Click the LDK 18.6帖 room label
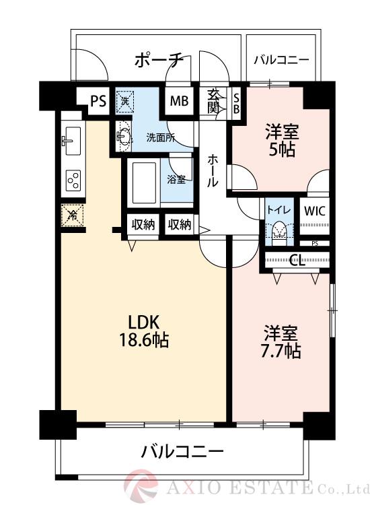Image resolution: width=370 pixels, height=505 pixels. (139, 330)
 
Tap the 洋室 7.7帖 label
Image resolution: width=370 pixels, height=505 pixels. (282, 341)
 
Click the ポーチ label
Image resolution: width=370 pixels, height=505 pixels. (159, 61)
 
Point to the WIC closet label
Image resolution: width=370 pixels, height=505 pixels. (313, 210)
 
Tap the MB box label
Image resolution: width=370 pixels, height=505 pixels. (179, 102)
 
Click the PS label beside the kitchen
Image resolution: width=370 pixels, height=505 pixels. (98, 102)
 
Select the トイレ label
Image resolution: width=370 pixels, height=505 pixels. (279, 209)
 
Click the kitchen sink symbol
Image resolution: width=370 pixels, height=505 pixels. (71, 141)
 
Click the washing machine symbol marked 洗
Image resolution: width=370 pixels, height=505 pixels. (125, 102)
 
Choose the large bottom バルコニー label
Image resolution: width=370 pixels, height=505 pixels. (182, 451)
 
